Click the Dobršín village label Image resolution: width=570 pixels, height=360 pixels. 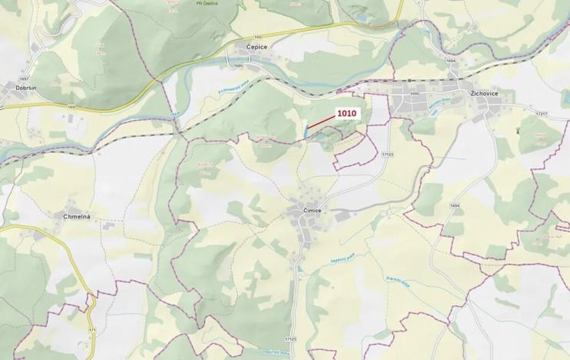coord(26,88)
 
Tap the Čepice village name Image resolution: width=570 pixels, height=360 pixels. coord(256,47)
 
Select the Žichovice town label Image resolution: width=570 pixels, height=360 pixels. coord(485,93)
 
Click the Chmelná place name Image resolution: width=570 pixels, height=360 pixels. coord(77,217)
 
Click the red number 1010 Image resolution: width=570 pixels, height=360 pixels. coord(347,113)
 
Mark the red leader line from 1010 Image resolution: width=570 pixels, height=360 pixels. coord(322,122)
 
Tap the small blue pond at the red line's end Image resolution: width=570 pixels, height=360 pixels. coord(305,133)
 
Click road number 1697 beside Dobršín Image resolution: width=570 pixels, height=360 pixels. coord(24,79)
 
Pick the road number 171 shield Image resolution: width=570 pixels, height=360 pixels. coord(92,330)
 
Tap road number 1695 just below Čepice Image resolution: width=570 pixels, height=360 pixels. coord(238,66)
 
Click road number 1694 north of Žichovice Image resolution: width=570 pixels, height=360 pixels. coord(451,60)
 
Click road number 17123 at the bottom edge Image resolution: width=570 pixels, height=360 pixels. coord(289,339)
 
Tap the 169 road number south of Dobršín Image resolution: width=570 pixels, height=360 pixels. coord(72,106)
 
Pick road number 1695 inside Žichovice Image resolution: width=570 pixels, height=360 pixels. coord(415,94)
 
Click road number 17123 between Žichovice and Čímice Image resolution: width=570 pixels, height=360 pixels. coord(386,155)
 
